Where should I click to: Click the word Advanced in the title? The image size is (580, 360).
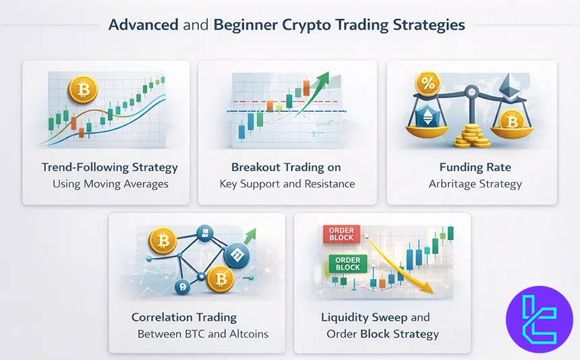point(143,26)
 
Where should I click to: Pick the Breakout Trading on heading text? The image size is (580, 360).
point(286,167)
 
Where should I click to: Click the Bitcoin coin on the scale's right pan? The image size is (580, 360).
point(512,121)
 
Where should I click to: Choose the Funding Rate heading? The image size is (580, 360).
point(475,167)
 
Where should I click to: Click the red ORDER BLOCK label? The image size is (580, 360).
point(343,233)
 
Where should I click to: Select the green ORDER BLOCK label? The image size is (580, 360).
point(347,263)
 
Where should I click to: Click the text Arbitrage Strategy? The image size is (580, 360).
point(475,183)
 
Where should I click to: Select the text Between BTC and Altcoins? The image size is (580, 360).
point(203,333)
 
